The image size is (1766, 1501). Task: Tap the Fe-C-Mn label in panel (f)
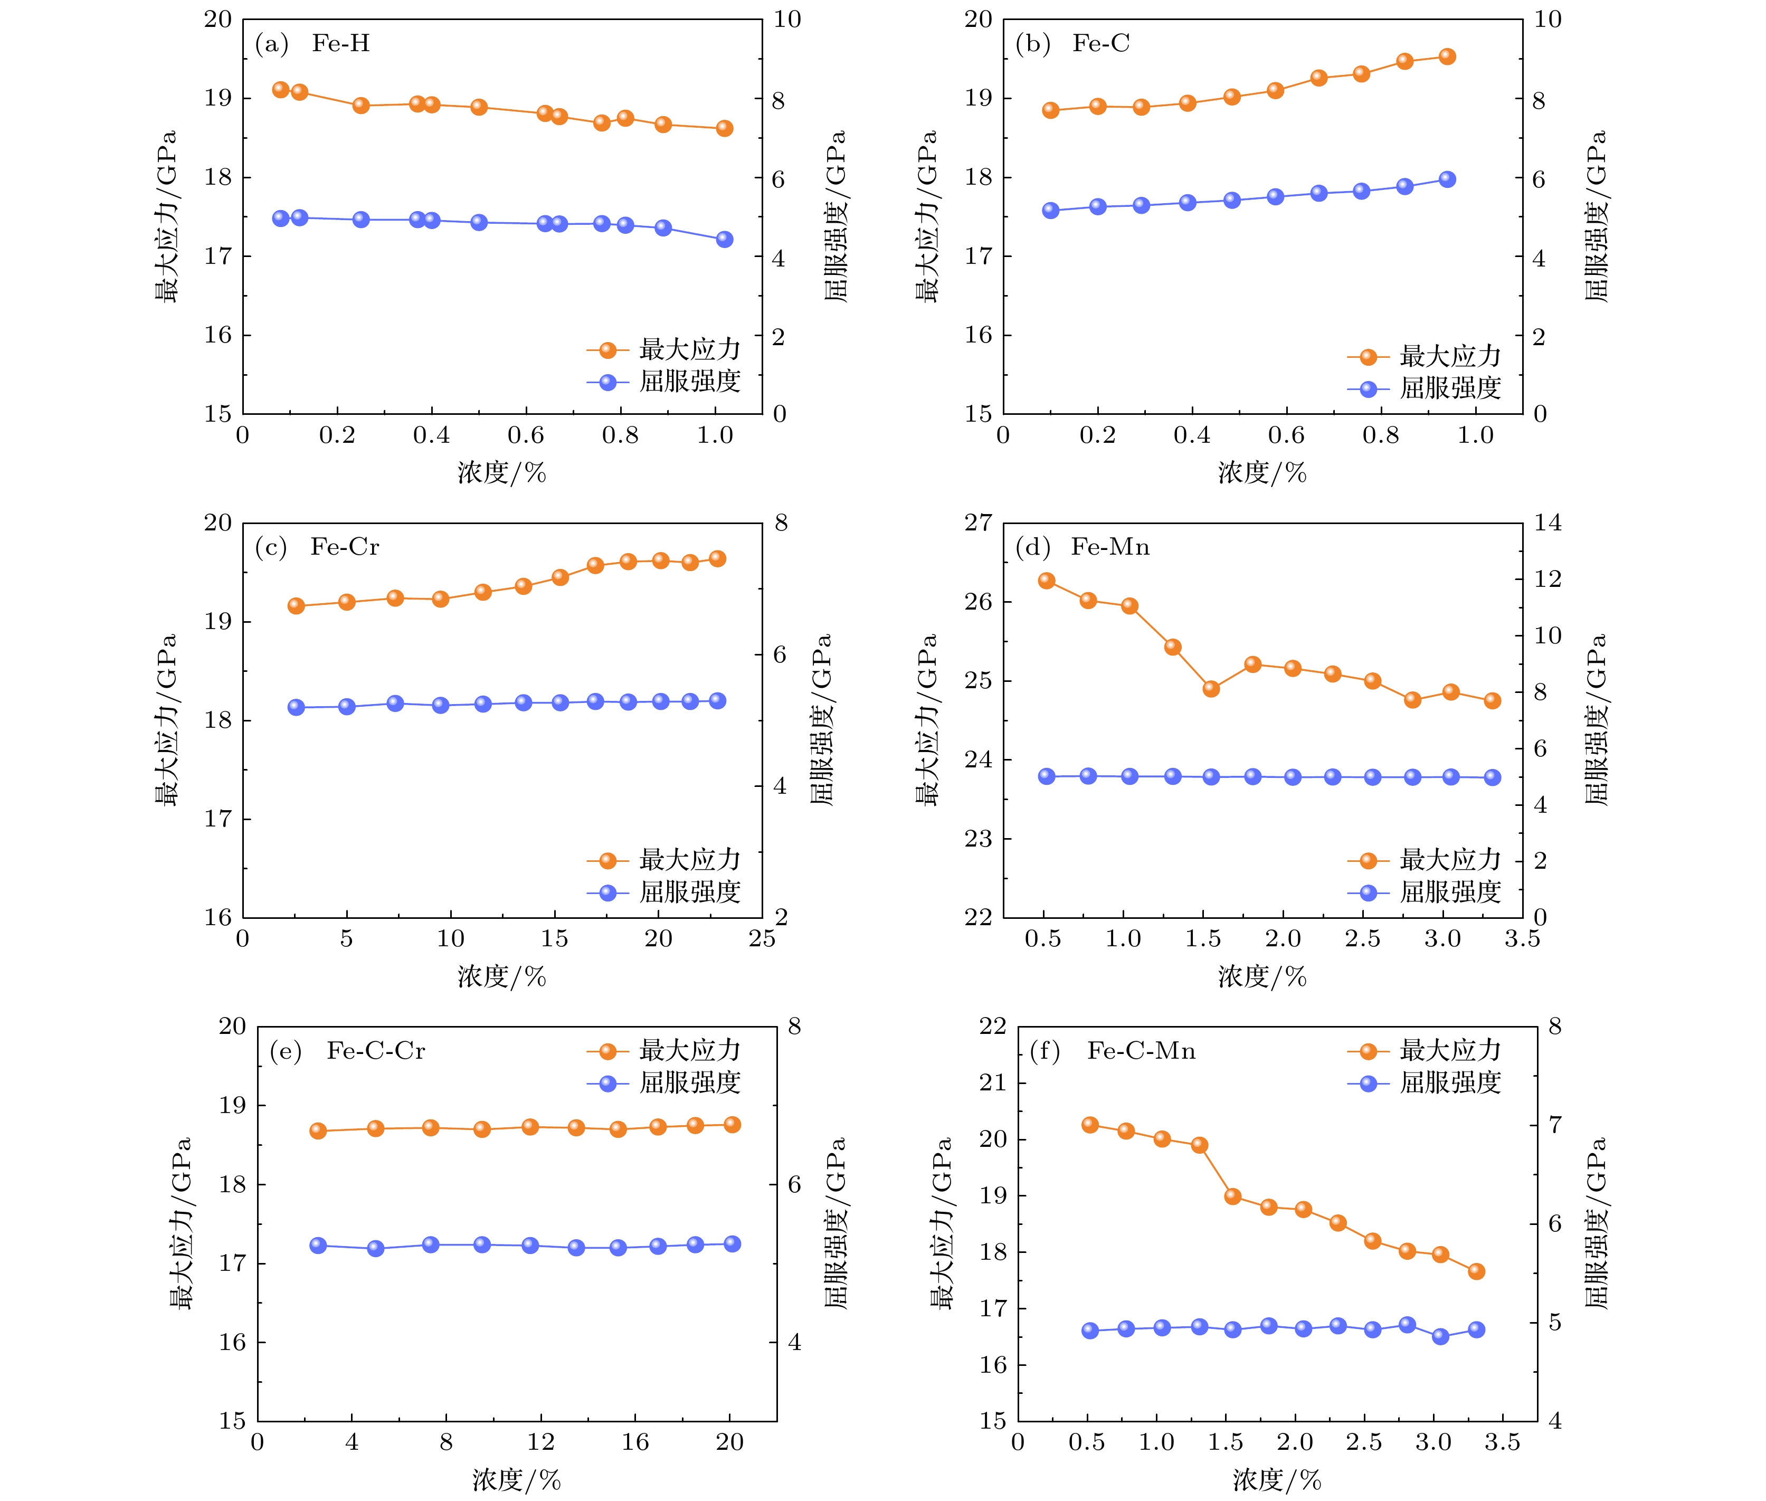(x=1141, y=1052)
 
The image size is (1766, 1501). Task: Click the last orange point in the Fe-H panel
(x=724, y=128)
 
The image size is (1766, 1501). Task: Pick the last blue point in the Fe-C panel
(x=1447, y=179)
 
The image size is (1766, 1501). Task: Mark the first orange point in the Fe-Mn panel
(x=1047, y=581)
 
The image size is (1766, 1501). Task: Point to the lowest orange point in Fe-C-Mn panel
(x=1477, y=1271)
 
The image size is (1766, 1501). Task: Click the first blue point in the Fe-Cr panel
(x=296, y=707)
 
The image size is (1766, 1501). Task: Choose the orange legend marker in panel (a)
(x=607, y=350)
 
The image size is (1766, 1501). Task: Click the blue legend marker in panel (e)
(x=607, y=1083)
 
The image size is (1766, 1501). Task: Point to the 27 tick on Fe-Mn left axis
(x=978, y=522)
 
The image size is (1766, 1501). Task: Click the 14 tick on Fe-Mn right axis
(x=1548, y=522)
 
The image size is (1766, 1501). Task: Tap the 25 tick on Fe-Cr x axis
(x=762, y=938)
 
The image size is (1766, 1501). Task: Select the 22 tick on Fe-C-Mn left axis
(x=992, y=1026)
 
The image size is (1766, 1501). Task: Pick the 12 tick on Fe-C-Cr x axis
(x=540, y=1442)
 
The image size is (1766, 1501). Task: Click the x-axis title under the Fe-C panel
(x=1262, y=473)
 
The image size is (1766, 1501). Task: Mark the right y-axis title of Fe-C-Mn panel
(x=1597, y=1223)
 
